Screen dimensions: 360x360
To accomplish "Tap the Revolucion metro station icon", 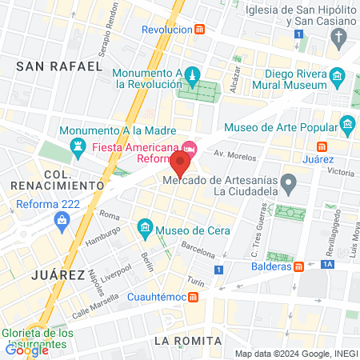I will pos(200,30).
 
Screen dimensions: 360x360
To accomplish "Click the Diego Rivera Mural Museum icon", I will pos(337,78).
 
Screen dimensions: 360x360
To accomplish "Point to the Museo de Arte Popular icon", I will pos(347,124).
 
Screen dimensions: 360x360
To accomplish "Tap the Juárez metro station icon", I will pos(322,146).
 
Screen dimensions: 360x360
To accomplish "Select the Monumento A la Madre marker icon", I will pos(78,146).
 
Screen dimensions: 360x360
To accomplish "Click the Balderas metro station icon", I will pos(298,266).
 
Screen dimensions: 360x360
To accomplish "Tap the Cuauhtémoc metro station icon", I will pos(194,297).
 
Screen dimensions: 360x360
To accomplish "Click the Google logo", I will pos(26,350).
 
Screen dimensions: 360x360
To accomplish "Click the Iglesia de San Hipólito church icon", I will pos(339,37).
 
